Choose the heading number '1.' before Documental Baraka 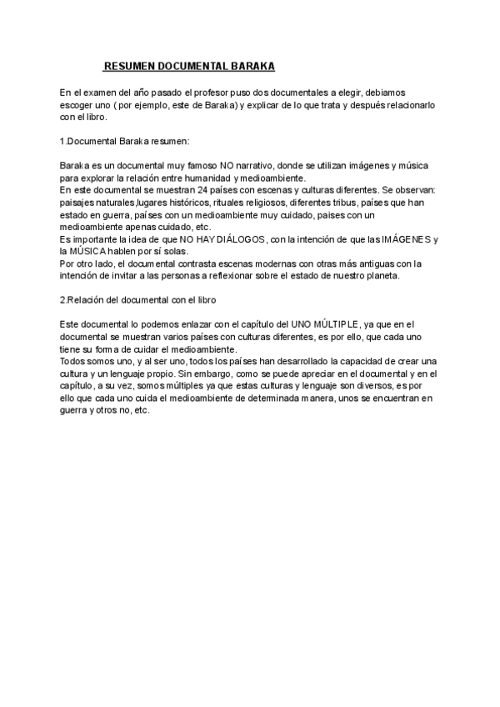63,142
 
